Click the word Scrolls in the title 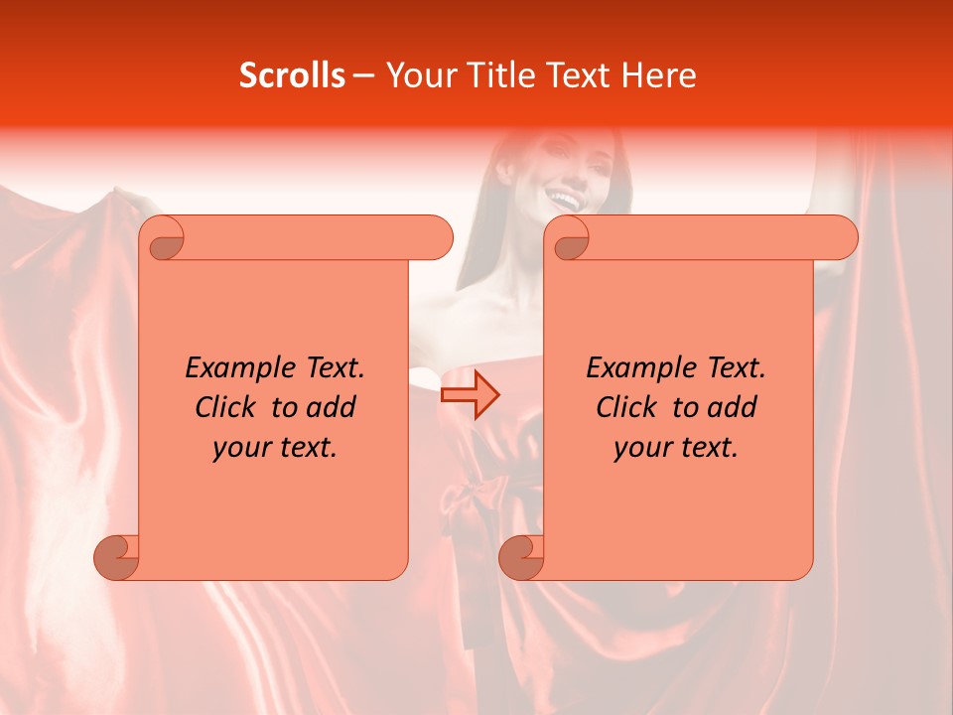pos(292,75)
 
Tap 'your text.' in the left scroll pos(275,447)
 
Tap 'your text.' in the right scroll pos(676,447)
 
